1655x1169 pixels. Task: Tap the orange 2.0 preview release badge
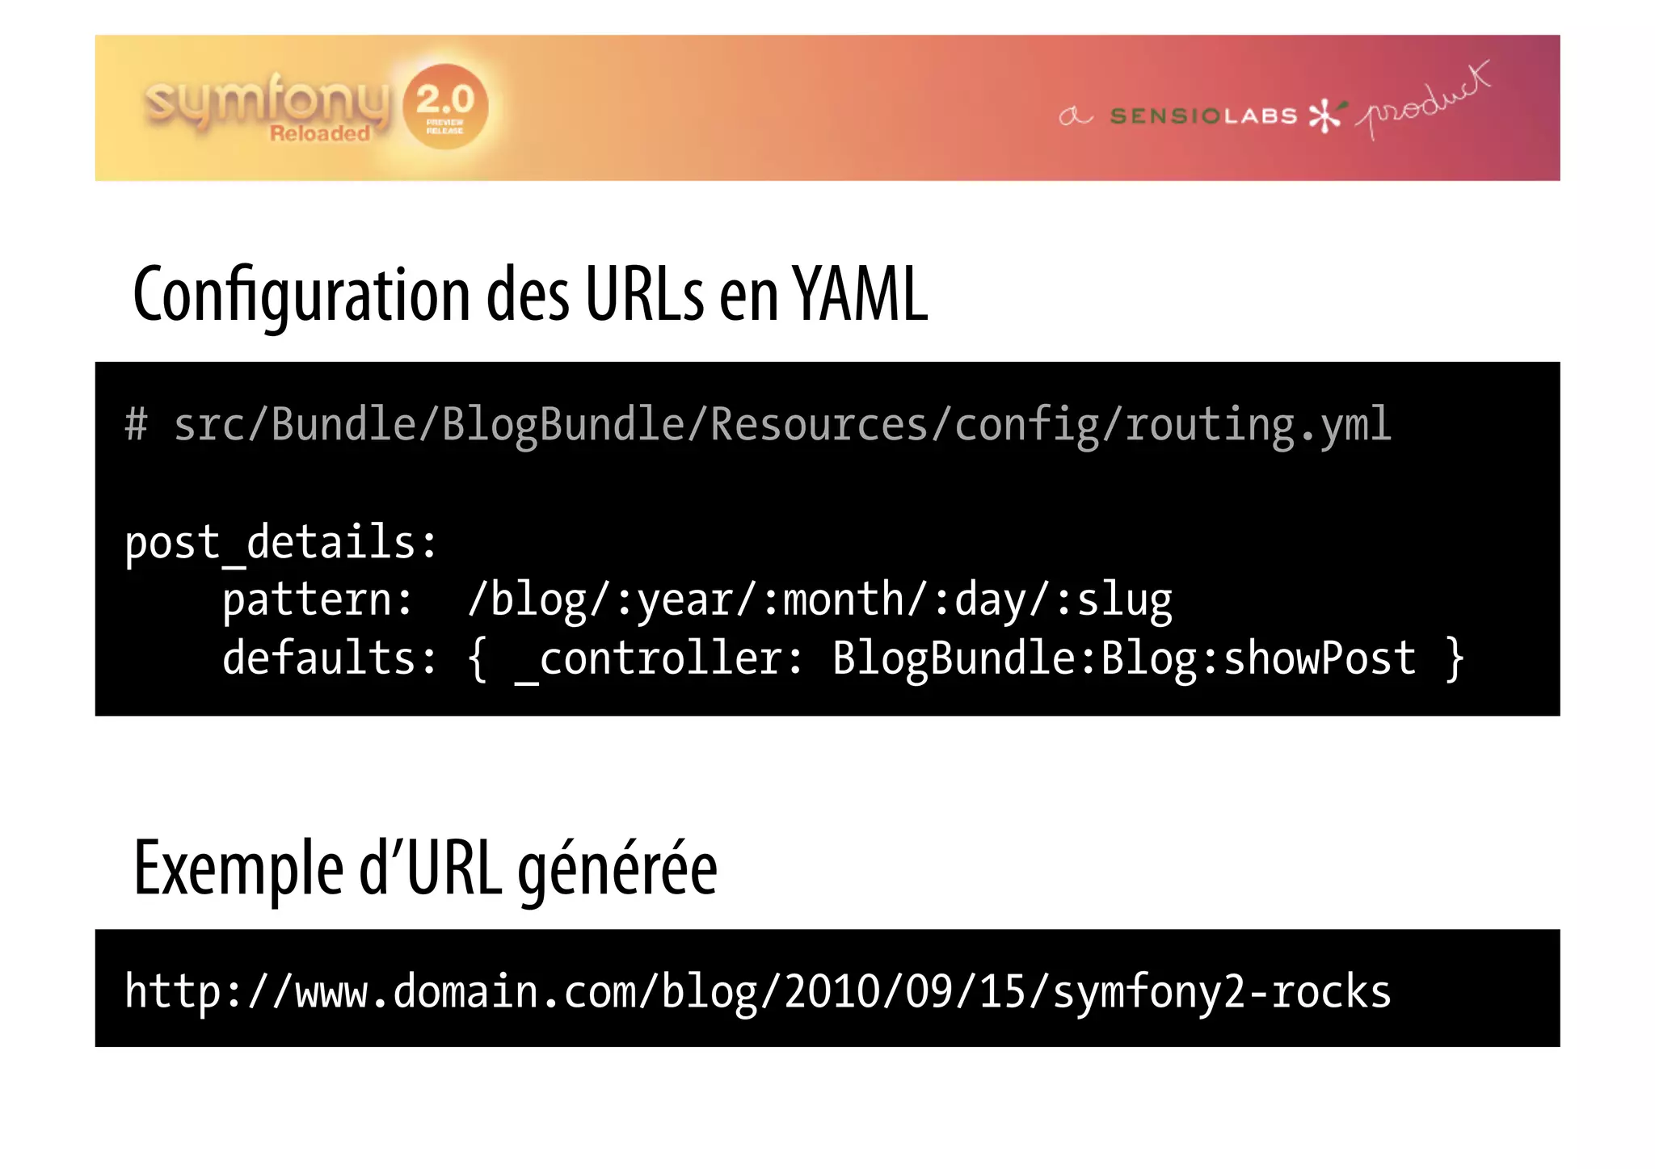[x=445, y=106]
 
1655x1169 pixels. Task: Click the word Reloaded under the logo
[x=319, y=134]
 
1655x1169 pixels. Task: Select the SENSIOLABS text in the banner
[x=1203, y=116]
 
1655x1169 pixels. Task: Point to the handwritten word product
[x=1424, y=102]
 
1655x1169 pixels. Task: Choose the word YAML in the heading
[x=859, y=294]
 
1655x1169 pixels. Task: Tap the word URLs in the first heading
[x=644, y=294]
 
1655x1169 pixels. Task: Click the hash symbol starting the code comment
[x=137, y=425]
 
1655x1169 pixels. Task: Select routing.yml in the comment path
[x=1257, y=425]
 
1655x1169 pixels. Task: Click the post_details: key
[x=280, y=542]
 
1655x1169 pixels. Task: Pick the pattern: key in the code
[x=317, y=600]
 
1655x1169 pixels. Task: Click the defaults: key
[x=329, y=658]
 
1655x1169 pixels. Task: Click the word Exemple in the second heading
[x=238, y=869]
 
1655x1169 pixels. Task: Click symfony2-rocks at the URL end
[x=1221, y=993]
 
